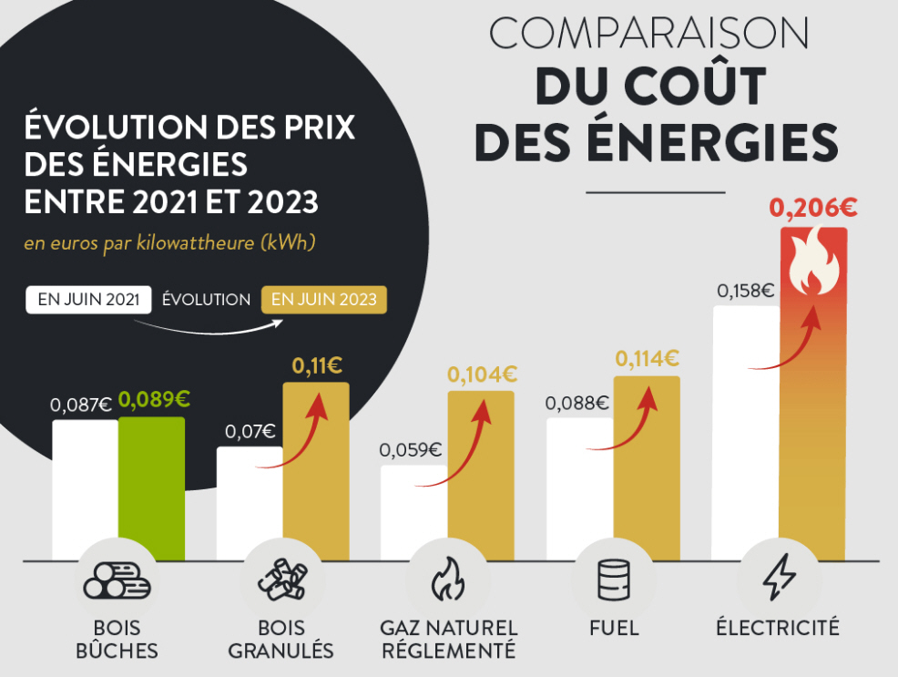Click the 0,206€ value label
813,209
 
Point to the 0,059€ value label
411,449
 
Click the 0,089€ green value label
154,399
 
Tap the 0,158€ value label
745,291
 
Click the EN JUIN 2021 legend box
88,300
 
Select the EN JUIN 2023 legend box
324,300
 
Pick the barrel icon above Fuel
613,580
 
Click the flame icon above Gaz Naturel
447,580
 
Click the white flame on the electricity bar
813,265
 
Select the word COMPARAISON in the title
648,34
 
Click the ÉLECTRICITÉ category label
777,628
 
